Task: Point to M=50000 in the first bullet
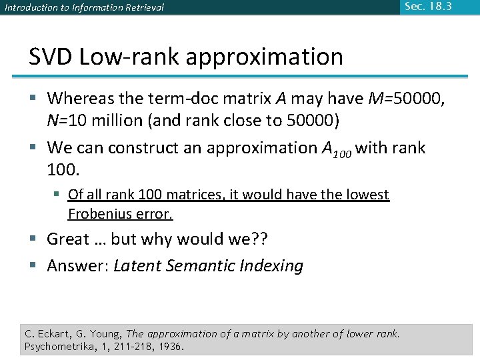tap(406, 99)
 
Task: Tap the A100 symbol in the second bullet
tap(335, 149)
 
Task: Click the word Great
tap(68, 239)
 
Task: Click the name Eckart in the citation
tap(55, 333)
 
